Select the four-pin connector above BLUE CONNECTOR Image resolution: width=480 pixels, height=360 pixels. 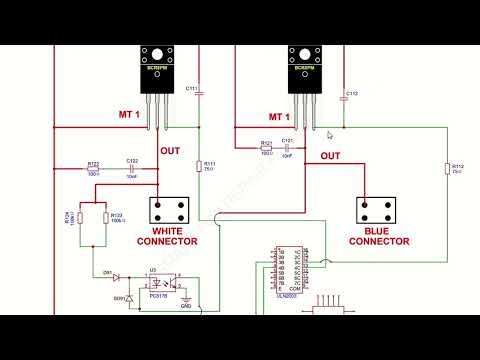376,209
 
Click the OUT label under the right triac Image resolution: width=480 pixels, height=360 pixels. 330,156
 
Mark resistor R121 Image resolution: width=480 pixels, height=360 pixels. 266,148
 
